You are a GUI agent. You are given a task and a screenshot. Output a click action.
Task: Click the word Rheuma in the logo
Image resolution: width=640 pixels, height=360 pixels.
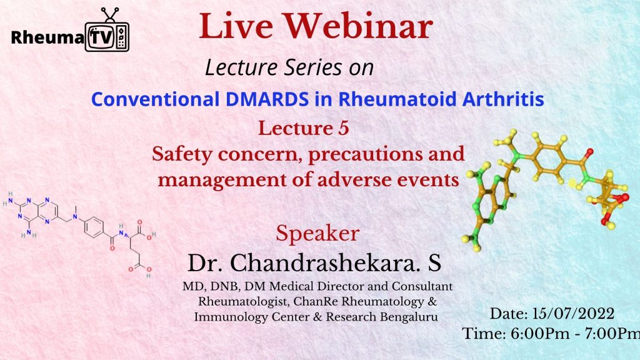pos(47,37)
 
